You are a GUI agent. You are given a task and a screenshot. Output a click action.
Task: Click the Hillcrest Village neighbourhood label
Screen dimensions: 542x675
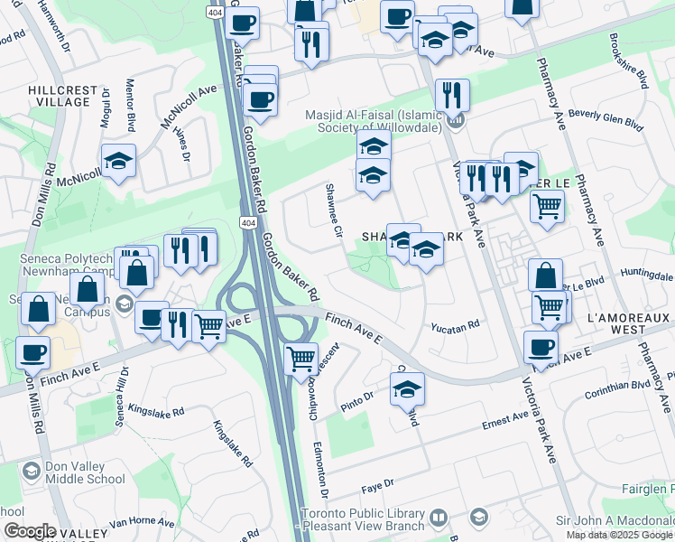pyautogui.click(x=59, y=96)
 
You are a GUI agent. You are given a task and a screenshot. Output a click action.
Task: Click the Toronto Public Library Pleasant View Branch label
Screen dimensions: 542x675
pyautogui.click(x=363, y=519)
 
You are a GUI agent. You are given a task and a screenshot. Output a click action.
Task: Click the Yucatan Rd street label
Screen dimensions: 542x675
pyautogui.click(x=454, y=328)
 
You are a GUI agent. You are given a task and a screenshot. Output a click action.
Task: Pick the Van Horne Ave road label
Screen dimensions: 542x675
pyautogui.click(x=141, y=522)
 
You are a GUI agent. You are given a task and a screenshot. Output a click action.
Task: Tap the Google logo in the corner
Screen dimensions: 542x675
pyautogui.click(x=29, y=531)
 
